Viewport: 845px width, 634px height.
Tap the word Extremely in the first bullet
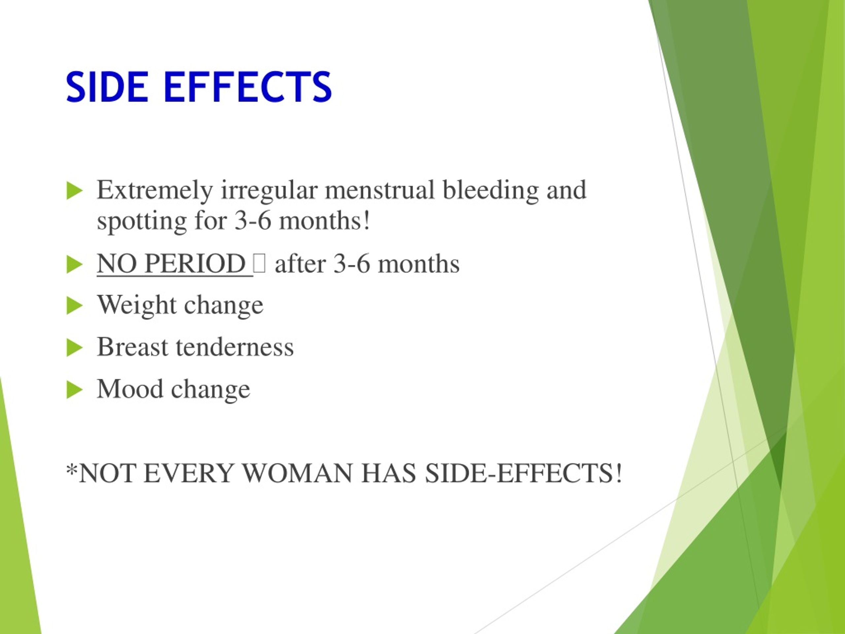click(155, 190)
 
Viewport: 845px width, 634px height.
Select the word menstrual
click(379, 190)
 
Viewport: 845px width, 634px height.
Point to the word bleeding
click(490, 190)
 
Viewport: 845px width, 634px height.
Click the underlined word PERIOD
click(195, 264)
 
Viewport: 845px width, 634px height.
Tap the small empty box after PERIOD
click(259, 264)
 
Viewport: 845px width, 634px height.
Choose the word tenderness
click(235, 347)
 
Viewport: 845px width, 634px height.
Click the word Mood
click(130, 389)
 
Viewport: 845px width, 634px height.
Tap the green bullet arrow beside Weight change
click(74, 306)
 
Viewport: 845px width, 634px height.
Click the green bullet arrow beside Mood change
click(74, 389)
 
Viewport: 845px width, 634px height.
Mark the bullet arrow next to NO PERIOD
click(74, 264)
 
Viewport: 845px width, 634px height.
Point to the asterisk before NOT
click(71, 469)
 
